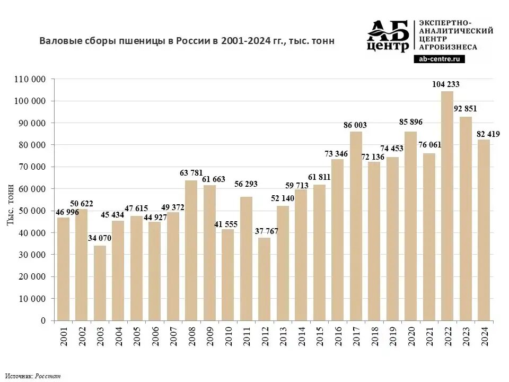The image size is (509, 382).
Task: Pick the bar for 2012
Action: tap(264, 279)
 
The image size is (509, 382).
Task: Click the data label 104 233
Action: tap(446, 84)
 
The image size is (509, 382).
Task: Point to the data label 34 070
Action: tap(100, 238)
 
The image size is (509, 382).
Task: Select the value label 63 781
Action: tap(191, 172)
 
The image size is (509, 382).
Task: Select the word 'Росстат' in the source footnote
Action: tap(48, 376)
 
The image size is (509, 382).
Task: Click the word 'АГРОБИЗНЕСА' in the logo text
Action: tap(448, 47)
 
